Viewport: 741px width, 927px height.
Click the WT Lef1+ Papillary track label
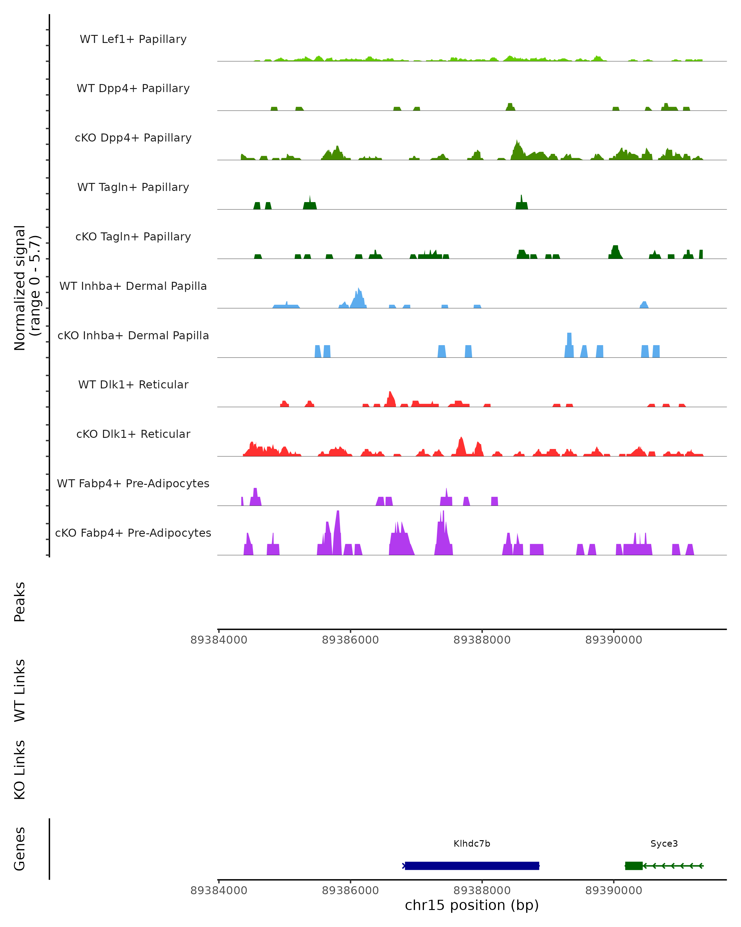133,39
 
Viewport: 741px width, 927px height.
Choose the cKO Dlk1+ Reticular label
133,434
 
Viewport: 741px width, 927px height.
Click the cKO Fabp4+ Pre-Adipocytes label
133,533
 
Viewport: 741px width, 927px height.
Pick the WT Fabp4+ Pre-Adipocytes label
133,483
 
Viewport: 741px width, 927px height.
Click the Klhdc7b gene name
472,844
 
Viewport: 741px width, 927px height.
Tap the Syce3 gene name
664,844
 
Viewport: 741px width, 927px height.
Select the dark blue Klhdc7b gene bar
472,866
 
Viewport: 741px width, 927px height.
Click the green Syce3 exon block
634,866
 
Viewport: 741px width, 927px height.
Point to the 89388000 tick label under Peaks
482,640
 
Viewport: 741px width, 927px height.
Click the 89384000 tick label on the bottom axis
219,891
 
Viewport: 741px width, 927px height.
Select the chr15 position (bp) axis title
472,905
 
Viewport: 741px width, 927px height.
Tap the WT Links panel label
20,690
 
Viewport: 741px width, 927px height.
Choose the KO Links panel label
20,770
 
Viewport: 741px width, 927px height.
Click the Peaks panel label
20,602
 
